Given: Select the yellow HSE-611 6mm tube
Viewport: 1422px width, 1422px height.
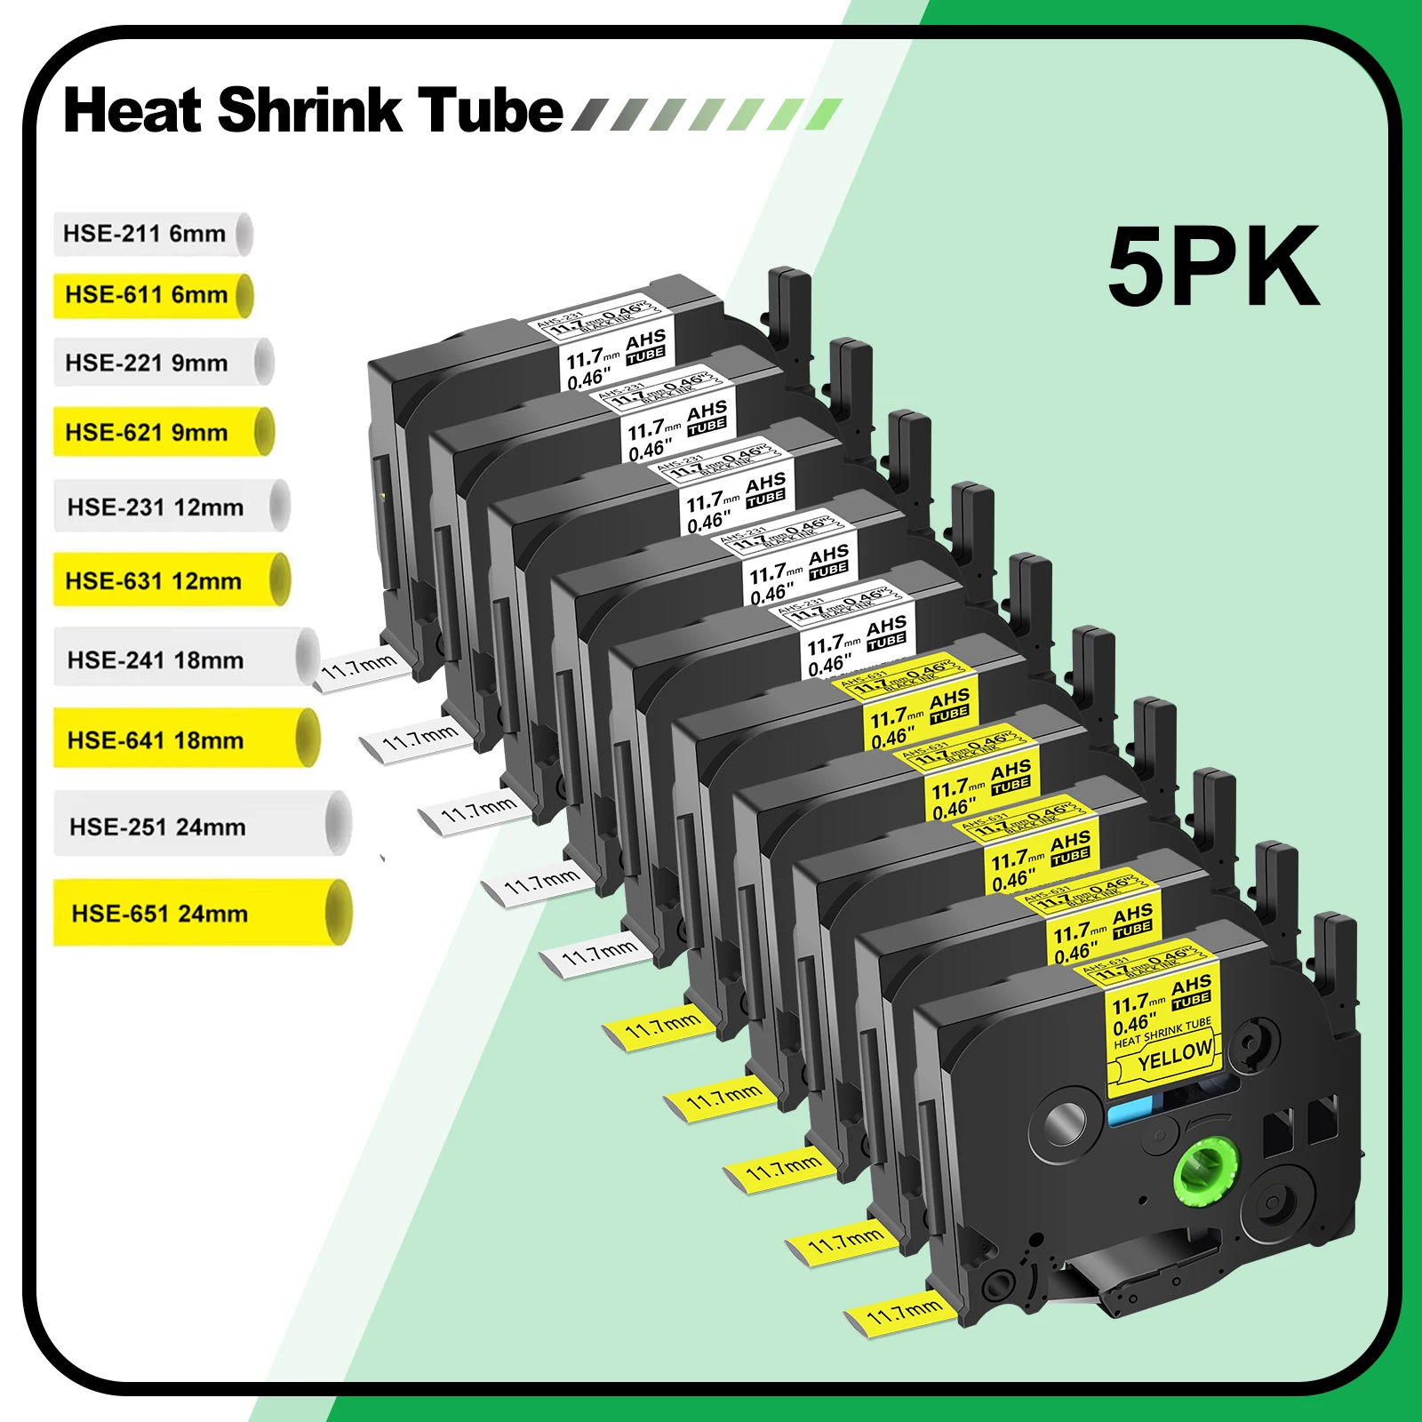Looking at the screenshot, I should (151, 295).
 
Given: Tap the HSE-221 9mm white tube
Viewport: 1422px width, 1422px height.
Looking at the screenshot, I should (160, 363).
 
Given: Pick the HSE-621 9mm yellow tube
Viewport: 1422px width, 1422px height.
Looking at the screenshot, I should (160, 432).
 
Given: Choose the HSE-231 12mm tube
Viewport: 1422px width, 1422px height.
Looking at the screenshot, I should (169, 507).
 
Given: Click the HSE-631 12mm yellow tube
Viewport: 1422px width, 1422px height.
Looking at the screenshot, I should (169, 580).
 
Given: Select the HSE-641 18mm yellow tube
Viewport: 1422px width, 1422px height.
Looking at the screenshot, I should (182, 739).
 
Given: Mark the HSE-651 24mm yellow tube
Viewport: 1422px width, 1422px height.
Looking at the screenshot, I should (200, 913).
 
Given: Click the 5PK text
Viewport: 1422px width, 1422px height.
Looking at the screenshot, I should (1213, 267).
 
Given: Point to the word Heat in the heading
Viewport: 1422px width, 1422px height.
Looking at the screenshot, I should (133, 110).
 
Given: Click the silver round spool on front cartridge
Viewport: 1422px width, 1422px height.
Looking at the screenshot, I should (1065, 1124).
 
